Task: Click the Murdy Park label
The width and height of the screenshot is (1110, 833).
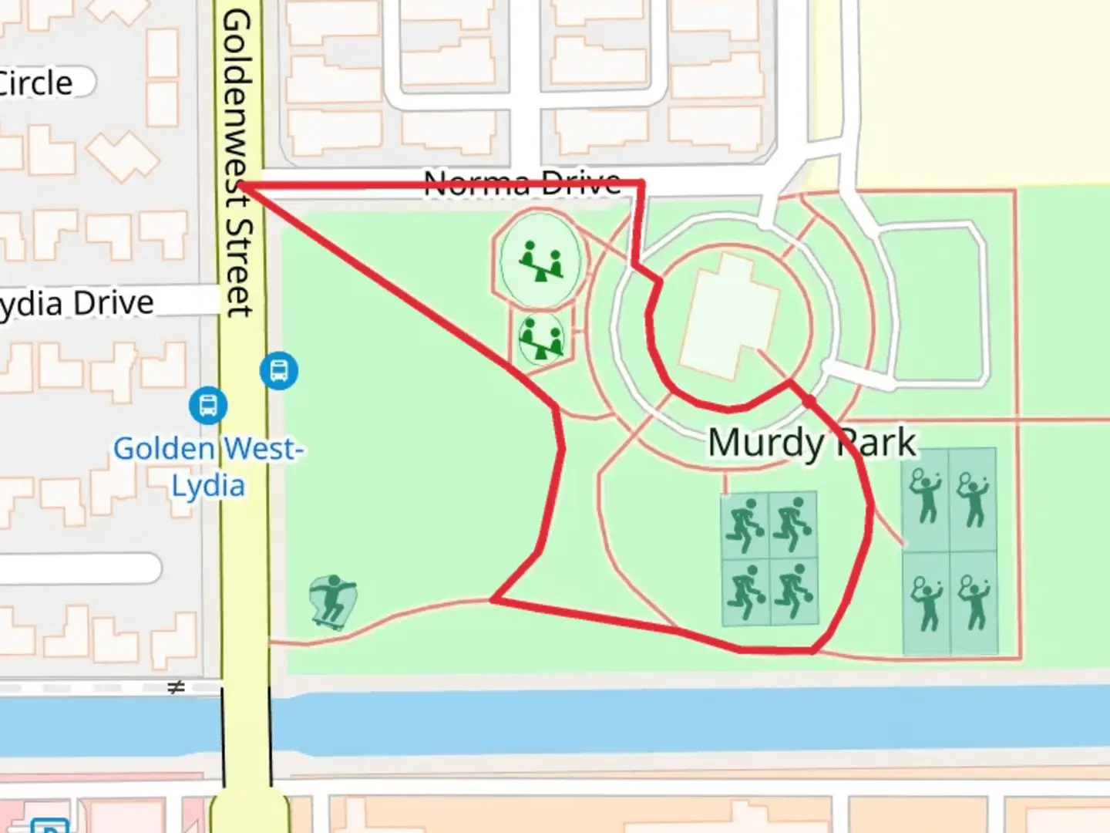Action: (812, 443)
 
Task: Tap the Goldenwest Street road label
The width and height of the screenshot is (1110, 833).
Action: (237, 164)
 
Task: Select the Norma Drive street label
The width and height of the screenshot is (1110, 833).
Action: (523, 184)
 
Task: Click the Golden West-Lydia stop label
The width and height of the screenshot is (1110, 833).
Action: (208, 467)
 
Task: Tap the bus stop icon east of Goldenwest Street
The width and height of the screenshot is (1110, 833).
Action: (278, 371)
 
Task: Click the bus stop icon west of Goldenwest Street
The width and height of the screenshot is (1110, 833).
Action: (208, 406)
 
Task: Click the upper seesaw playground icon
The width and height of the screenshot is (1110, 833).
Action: (540, 260)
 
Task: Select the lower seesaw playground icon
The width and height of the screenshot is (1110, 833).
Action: (541, 338)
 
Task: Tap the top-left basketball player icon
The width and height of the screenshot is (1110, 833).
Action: (745, 525)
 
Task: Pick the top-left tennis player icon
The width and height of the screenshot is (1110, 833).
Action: (925, 496)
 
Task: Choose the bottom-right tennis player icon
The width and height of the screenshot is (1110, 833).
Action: (974, 602)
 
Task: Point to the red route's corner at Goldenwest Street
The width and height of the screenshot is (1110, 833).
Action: (240, 185)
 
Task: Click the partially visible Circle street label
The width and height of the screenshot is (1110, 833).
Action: (36, 83)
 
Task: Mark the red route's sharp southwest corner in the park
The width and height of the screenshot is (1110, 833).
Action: (493, 599)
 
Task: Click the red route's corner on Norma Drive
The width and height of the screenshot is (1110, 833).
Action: (642, 184)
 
